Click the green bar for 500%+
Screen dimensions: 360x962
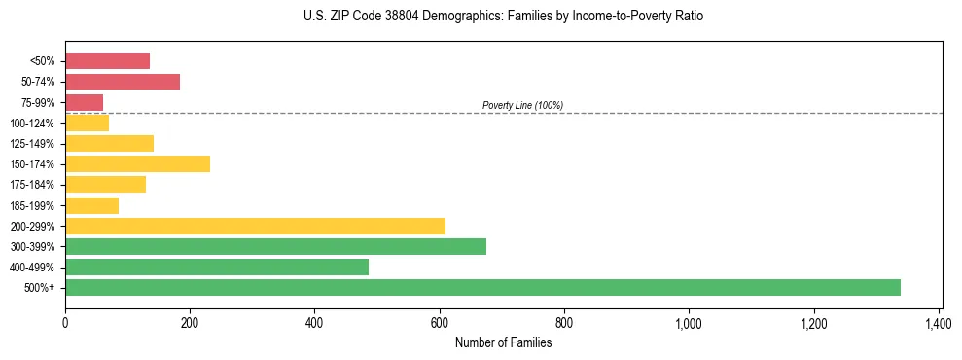point(482,287)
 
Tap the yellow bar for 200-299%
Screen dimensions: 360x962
point(255,226)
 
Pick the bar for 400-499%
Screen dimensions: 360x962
point(217,267)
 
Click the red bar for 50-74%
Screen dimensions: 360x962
point(123,82)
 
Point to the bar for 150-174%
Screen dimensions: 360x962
point(137,163)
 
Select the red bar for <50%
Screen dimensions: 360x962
point(107,60)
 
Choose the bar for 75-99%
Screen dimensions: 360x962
point(84,102)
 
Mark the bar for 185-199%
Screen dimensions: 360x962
point(91,205)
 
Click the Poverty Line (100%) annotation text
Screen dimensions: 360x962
point(522,105)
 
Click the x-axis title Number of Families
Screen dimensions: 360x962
point(503,342)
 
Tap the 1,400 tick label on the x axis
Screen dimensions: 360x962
point(939,323)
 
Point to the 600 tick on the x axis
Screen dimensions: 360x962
point(440,323)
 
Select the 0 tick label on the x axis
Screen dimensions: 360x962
point(65,323)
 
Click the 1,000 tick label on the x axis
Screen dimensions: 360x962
point(689,323)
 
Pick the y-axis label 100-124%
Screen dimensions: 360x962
point(32,123)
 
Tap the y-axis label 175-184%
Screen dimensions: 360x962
point(32,185)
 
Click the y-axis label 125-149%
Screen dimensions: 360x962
point(32,143)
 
